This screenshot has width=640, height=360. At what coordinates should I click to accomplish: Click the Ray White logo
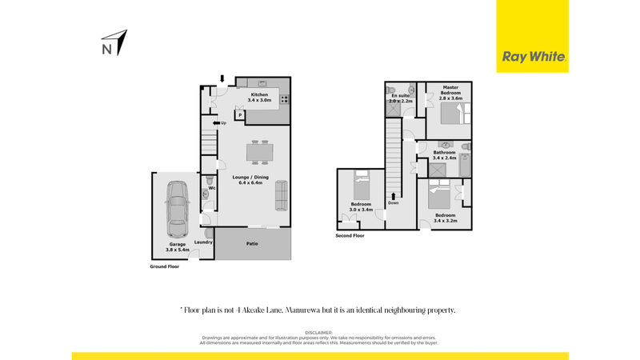(534, 57)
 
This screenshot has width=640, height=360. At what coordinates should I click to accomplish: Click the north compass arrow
(118, 42)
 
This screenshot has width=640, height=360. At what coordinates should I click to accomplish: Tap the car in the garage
(176, 205)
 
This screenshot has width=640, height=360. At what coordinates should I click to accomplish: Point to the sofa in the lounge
(282, 194)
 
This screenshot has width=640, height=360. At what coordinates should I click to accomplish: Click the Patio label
(251, 243)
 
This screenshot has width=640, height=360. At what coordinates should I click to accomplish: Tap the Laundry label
(202, 242)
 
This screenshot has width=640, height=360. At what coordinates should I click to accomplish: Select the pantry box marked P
(239, 115)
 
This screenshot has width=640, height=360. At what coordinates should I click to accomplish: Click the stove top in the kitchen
(284, 100)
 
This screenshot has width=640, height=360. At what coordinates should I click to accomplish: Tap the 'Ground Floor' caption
(165, 266)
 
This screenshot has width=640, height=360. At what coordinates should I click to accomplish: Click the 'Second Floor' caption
(350, 236)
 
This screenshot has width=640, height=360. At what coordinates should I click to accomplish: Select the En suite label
(399, 96)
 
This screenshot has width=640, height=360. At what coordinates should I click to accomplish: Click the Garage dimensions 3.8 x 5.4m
(177, 250)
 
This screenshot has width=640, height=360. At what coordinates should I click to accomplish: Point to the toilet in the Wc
(207, 190)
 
